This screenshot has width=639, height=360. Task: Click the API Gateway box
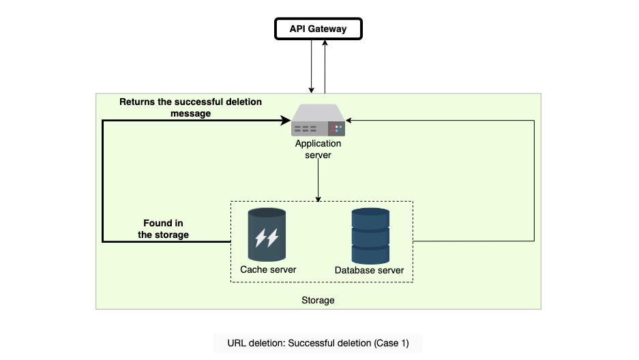318,29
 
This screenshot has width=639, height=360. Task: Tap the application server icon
318,120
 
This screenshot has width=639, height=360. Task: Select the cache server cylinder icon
267,235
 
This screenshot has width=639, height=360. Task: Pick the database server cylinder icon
370,236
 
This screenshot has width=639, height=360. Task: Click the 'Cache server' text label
268,269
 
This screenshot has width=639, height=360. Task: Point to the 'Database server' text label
369,271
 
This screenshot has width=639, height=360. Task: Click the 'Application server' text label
318,149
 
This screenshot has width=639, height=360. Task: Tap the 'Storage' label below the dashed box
318,300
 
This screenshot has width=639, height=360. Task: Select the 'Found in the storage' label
163,229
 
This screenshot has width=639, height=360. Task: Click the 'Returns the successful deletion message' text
191,108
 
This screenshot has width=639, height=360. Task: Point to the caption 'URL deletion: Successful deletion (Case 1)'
318,343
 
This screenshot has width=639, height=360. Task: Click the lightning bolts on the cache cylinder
267,238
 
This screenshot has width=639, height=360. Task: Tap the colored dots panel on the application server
337,129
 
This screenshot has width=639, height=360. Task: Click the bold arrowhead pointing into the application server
286,120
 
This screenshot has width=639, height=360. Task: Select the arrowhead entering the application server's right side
348,121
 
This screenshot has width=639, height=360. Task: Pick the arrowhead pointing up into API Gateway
325,42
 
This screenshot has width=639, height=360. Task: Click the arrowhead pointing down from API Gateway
312,91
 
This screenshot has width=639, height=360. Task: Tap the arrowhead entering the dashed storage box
318,198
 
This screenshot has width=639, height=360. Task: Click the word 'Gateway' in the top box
327,29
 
